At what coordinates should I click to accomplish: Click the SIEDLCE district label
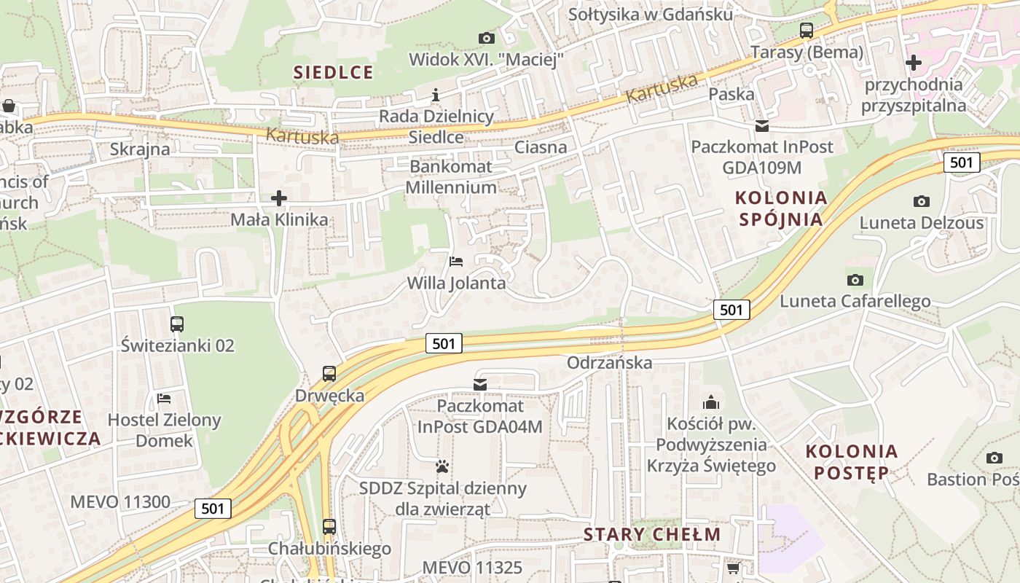click(333, 72)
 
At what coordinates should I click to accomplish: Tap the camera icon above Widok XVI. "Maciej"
click(486, 38)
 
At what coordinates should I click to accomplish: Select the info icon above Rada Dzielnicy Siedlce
click(436, 95)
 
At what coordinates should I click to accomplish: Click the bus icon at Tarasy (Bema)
click(806, 31)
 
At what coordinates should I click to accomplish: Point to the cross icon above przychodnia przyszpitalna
click(913, 63)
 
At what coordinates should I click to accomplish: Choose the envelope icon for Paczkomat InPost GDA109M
click(761, 126)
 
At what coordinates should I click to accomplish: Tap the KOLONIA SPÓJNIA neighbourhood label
click(781, 208)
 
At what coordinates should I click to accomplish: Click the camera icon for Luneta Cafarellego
click(855, 280)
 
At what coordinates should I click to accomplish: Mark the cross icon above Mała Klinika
click(278, 197)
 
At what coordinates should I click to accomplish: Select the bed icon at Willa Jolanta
click(456, 261)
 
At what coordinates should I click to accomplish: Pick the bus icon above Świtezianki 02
click(177, 324)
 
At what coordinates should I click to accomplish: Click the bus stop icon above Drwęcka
click(329, 374)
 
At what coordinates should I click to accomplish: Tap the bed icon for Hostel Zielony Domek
click(164, 399)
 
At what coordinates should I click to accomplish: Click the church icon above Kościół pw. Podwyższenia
click(710, 402)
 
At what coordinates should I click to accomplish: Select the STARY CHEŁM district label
click(652, 534)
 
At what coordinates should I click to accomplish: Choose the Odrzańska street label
click(609, 362)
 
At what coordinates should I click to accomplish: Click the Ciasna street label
click(541, 147)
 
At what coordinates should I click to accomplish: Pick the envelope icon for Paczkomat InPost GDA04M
click(479, 384)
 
